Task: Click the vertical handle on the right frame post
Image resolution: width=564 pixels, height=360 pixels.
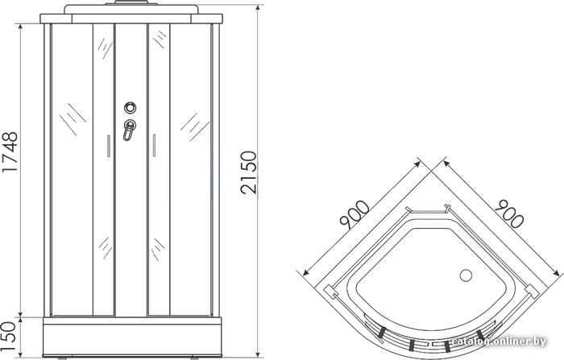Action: coord(212,173)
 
